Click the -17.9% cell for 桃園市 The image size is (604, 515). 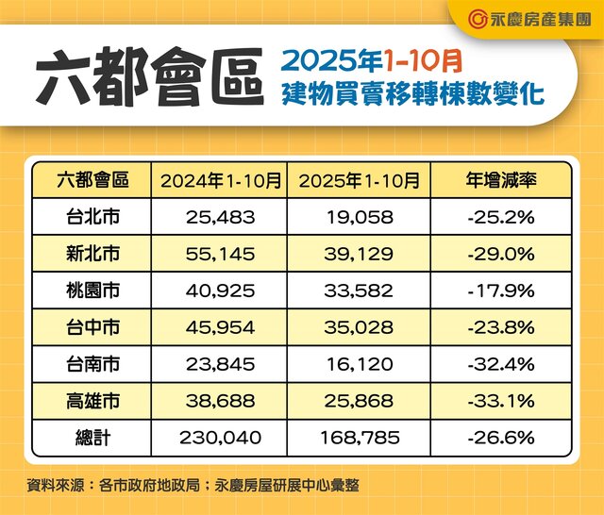coord(500,291)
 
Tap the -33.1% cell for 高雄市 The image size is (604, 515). coord(500,401)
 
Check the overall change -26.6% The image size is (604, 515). coord(500,438)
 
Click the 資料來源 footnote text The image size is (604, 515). coord(193,486)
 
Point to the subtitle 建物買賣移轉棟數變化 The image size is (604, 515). coord(412,95)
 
